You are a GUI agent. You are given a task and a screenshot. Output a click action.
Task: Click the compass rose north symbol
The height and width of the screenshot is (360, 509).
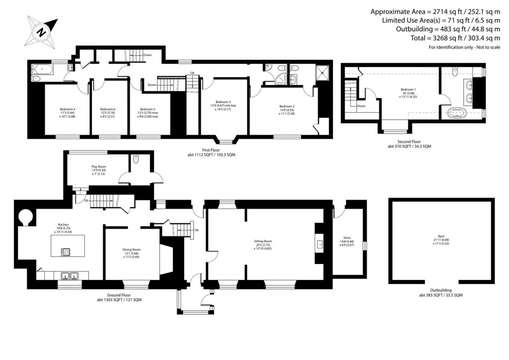[x=41, y=31]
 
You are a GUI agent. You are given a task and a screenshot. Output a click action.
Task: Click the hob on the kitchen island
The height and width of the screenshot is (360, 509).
[x=65, y=252]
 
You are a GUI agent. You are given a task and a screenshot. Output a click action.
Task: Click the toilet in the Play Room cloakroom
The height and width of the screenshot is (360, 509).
[x=136, y=160]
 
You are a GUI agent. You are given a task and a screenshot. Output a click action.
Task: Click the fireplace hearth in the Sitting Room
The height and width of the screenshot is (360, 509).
[x=320, y=244]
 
